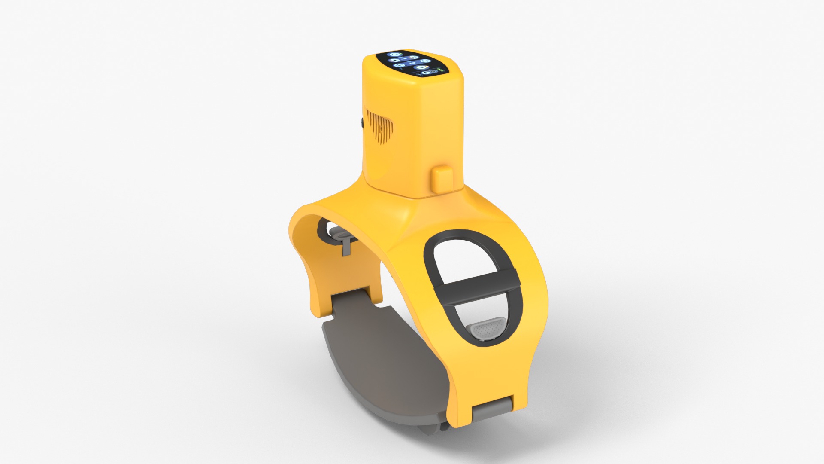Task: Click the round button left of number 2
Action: pyautogui.click(x=399, y=65)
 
